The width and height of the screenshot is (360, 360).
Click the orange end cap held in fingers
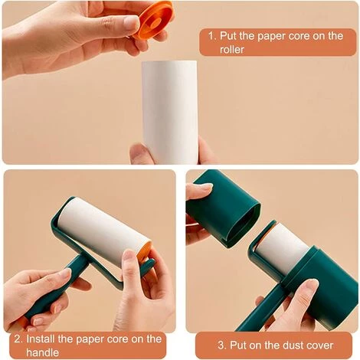click(155, 21)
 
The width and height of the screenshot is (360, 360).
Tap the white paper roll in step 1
click(170, 112)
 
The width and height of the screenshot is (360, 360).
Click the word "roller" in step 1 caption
click(232, 50)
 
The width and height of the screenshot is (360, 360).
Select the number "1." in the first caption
click(212, 35)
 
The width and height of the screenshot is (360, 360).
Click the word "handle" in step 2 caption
click(42, 352)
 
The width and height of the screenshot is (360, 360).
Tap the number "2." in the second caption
click(18, 339)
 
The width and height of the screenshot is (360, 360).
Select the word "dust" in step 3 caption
click(293, 345)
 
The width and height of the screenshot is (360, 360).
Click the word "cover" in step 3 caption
click(319, 345)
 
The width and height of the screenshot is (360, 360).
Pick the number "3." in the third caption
click(222, 345)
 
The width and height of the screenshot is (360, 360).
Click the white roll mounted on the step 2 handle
click(103, 231)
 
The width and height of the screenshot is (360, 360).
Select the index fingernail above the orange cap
click(133, 24)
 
